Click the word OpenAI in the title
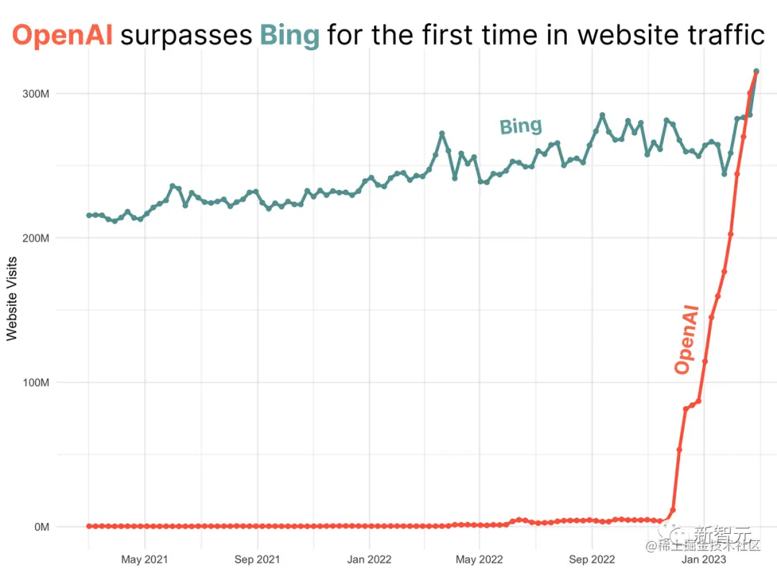[x=63, y=35]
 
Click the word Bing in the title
[x=289, y=35]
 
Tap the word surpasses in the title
[x=186, y=35]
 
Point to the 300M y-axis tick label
[x=35, y=94]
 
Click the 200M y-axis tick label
[x=35, y=238]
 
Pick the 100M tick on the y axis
[x=35, y=382]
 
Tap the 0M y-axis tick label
[x=40, y=527]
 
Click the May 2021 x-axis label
[x=145, y=559]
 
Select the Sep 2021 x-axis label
[x=257, y=559]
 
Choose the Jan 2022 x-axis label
[x=369, y=559]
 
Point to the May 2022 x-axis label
[x=480, y=559]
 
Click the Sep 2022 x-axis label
[x=592, y=559]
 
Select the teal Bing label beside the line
[x=521, y=127]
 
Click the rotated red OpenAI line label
[x=686, y=338]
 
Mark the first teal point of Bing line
[x=89, y=215]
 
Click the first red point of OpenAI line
[x=89, y=526]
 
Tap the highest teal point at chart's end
[x=756, y=71]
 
